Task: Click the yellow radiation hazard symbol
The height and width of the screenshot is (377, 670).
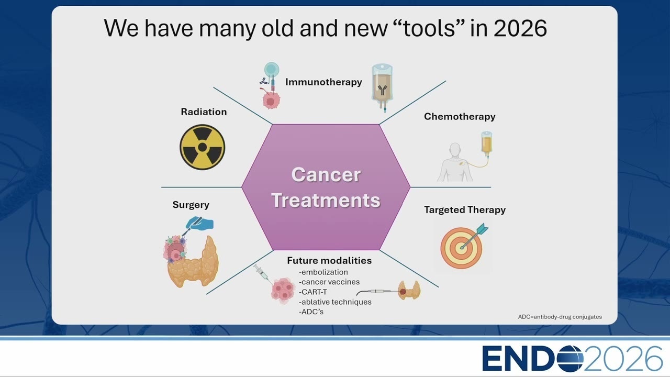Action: pyautogui.click(x=203, y=147)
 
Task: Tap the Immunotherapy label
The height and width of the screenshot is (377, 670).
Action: pyautogui.click(x=323, y=82)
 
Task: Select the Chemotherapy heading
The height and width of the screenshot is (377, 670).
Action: pyautogui.click(x=460, y=116)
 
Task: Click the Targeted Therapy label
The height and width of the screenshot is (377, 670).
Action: pyautogui.click(x=465, y=210)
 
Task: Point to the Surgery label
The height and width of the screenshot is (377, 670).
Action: pyautogui.click(x=191, y=205)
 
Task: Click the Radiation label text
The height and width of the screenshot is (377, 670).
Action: pyautogui.click(x=204, y=112)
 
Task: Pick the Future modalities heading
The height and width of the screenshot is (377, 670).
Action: pyautogui.click(x=329, y=261)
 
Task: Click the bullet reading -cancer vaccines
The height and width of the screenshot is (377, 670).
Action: pyautogui.click(x=329, y=282)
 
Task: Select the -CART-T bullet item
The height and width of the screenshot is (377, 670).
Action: pyautogui.click(x=313, y=292)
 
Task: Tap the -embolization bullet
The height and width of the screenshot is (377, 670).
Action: pyautogui.click(x=323, y=272)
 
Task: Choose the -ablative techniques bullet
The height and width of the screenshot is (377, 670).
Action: pyautogui.click(x=335, y=302)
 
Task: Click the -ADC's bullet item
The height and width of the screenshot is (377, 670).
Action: pyautogui.click(x=311, y=312)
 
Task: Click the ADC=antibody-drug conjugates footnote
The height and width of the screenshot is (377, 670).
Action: pyautogui.click(x=560, y=317)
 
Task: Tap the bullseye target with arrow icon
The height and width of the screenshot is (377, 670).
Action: pyautogui.click(x=463, y=246)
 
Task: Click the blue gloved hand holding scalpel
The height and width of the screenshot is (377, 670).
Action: pyautogui.click(x=198, y=225)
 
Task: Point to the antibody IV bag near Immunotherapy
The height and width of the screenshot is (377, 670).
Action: pyautogui.click(x=382, y=87)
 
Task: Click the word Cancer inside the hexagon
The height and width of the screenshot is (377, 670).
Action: pyautogui.click(x=326, y=174)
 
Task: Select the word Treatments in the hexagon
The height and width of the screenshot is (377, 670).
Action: pyautogui.click(x=326, y=200)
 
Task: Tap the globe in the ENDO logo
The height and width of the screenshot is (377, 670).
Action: pyautogui.click(x=569, y=358)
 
